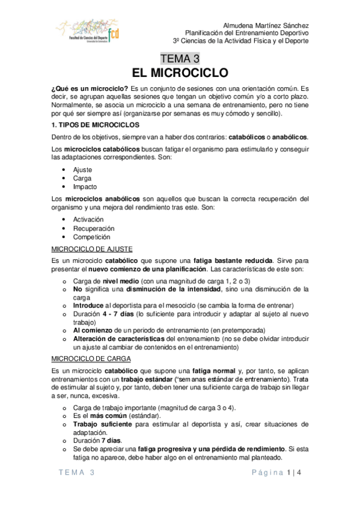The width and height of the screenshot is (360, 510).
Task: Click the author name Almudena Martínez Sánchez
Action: (x=266, y=26)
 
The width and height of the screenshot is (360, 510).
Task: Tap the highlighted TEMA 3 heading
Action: (x=180, y=58)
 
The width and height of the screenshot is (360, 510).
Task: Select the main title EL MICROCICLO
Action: (x=180, y=73)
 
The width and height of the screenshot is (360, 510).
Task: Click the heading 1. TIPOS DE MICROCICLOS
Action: (x=96, y=125)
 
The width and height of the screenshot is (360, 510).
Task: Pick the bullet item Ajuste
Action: (x=83, y=170)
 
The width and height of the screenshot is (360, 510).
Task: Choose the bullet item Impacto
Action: (x=85, y=187)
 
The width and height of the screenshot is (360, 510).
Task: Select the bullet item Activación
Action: (x=88, y=220)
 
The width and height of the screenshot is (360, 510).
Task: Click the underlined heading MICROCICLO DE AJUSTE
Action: (x=93, y=248)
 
